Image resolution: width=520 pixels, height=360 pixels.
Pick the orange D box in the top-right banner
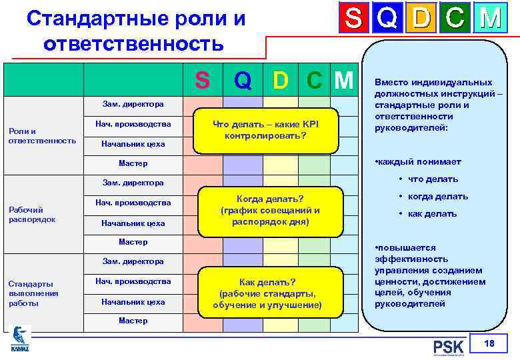click(421, 19)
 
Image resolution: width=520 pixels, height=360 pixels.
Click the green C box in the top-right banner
click(455, 19)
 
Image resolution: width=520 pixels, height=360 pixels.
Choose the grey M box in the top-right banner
click(490, 19)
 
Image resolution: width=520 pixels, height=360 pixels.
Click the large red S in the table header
click(202, 80)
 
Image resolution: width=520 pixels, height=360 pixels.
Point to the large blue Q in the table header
click(243, 80)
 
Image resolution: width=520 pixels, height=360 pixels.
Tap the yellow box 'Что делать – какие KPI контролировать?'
click(265, 129)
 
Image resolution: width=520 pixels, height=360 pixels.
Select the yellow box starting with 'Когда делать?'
click(270, 209)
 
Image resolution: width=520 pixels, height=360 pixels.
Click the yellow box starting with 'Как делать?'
click(267, 293)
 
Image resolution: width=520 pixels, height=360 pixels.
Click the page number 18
click(490, 343)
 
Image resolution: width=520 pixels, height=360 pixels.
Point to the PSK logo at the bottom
click(448, 347)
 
